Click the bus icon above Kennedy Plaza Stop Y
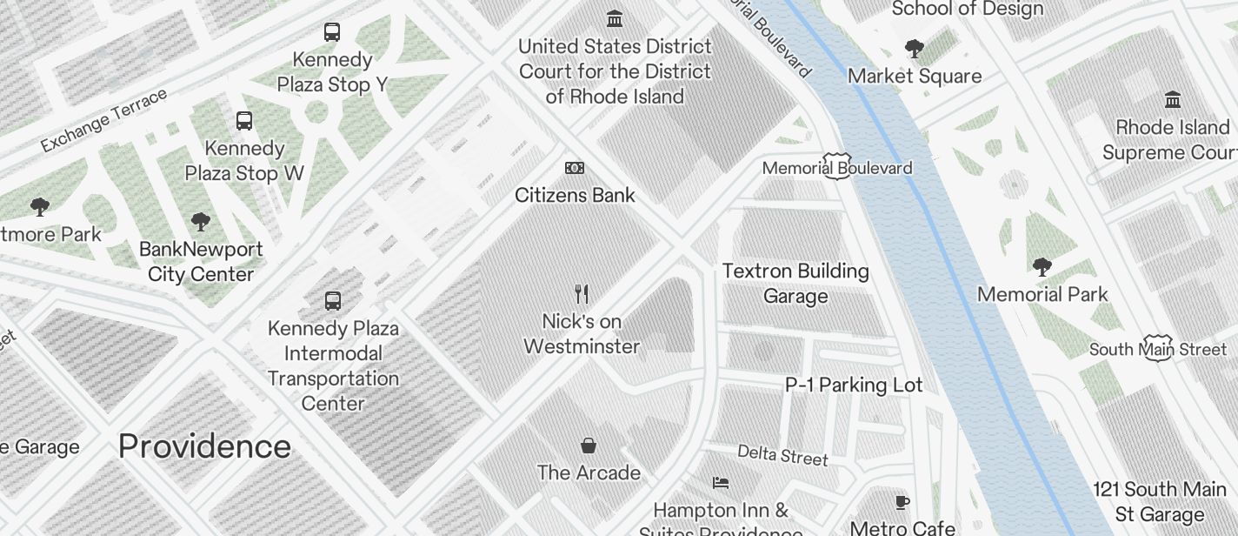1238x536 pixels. click(332, 32)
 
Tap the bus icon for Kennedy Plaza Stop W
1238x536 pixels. click(244, 121)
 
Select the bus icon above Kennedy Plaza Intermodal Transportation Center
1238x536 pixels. click(332, 301)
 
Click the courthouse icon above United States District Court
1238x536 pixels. click(615, 18)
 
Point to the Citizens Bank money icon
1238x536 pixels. click(575, 168)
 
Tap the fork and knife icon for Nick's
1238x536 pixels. click(582, 294)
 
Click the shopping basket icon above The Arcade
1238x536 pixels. click(589, 446)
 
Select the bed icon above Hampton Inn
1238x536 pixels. click(720, 482)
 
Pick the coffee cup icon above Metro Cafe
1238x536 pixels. click(902, 501)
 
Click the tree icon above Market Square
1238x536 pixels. click(914, 48)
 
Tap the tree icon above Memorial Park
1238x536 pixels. click(1042, 266)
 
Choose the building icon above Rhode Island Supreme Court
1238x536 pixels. click(1173, 99)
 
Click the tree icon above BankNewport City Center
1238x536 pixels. click(200, 221)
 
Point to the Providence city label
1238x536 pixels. click(204, 446)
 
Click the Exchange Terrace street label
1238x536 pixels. click(103, 120)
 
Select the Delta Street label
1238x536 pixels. click(782, 454)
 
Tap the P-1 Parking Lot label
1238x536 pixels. click(854, 385)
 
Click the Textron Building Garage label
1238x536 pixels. click(795, 284)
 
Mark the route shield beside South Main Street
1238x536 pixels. click(1159, 348)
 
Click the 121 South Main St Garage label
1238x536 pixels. click(1160, 501)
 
